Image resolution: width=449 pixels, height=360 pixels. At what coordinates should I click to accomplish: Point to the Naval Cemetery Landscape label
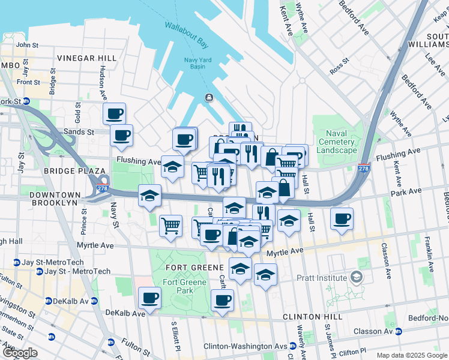point(340,142)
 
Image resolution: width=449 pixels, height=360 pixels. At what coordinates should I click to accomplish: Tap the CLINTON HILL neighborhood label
point(315,317)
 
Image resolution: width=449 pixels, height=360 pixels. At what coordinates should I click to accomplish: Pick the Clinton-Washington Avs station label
point(246,346)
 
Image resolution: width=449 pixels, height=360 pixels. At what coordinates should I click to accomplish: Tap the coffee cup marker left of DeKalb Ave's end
point(149,297)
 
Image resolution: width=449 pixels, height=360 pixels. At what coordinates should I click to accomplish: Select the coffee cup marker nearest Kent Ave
point(342,218)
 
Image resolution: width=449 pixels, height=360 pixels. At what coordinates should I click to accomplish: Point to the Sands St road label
point(80,131)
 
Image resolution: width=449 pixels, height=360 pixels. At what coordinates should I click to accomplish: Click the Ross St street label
point(340,67)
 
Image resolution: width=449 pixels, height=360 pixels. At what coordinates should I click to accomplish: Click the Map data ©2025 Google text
point(411,355)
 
